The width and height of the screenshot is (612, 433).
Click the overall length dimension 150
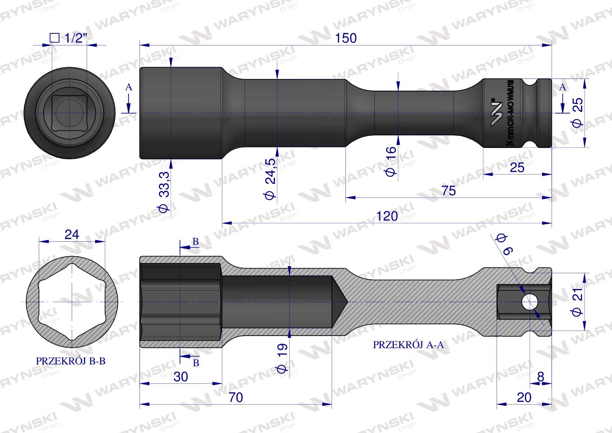[346, 38]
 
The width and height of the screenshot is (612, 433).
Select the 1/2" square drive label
[67, 38]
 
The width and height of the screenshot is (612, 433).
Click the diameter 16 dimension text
[391, 160]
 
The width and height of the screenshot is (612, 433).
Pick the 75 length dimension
[448, 190]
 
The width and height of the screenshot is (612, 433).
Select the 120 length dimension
[387, 216]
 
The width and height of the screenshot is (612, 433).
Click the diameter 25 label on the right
[578, 111]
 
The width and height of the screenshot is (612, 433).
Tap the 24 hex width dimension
[72, 235]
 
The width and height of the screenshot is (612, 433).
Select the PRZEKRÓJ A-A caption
[409, 345]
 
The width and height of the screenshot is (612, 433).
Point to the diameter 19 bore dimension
[281, 358]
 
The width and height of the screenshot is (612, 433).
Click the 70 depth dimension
[236, 397]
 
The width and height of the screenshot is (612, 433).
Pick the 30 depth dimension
[180, 377]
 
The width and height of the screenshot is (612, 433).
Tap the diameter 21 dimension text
[578, 301]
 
